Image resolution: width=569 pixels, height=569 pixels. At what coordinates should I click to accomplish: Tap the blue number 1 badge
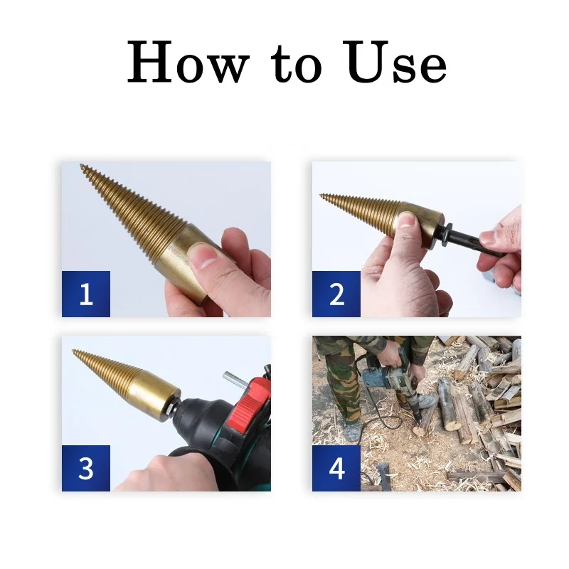pos(86,294)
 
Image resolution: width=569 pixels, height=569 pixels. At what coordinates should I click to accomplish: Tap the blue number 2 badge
pos(336,294)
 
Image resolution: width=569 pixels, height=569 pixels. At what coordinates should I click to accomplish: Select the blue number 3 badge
pos(86,468)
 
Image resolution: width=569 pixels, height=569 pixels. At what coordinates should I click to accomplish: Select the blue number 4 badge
pos(336,468)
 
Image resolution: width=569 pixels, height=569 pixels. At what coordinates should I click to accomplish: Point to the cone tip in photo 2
pos(322,196)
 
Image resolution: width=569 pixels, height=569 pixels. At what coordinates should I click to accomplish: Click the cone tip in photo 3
pos(74,351)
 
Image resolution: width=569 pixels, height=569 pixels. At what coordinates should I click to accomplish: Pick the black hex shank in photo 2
pos(469,243)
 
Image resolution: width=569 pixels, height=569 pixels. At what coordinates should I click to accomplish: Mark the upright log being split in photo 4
pos(449,405)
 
